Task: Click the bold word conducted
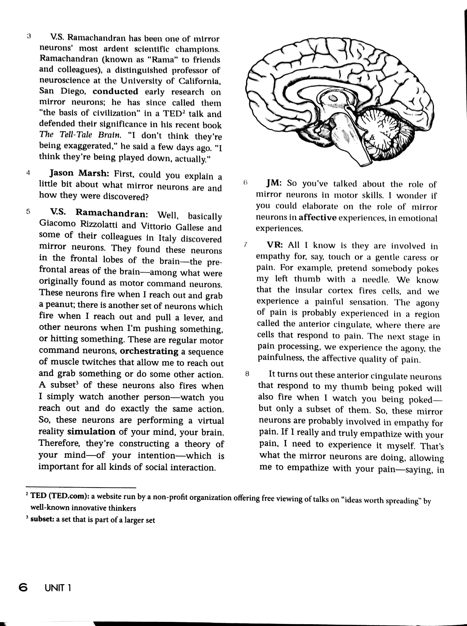[x=115, y=91]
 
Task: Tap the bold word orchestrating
[x=149, y=351]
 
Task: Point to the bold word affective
[x=318, y=217]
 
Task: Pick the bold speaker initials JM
[x=274, y=183]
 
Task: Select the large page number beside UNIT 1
[x=23, y=588]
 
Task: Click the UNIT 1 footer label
[x=58, y=588]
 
